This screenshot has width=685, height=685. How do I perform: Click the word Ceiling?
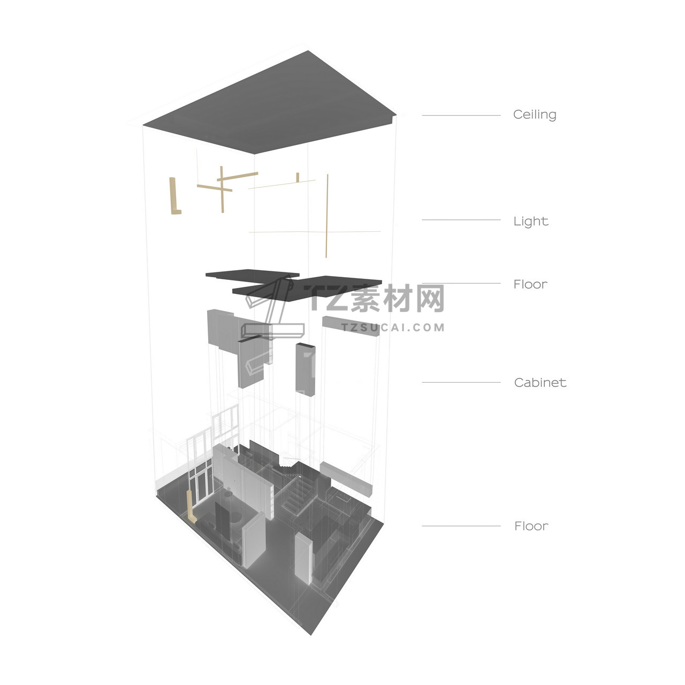coord(534,115)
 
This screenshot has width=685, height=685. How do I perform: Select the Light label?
coord(531,221)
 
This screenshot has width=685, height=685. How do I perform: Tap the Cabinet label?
coord(540,383)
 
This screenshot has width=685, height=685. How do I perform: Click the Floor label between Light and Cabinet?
coord(530,284)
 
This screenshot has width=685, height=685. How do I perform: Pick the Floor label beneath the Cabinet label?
coord(531,526)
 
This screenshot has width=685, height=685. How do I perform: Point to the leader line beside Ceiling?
coord(461,115)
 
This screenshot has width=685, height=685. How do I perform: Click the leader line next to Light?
coord(461,220)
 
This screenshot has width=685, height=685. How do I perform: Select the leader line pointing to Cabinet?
coord(461,383)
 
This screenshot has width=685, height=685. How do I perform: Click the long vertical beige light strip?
coord(326,216)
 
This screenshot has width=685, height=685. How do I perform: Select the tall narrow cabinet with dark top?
coord(305,370)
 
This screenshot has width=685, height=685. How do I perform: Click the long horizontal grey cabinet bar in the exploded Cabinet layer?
coord(351,326)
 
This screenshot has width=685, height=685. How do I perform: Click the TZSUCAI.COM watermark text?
coord(393,328)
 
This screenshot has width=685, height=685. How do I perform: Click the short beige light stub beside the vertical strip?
coord(298,177)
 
